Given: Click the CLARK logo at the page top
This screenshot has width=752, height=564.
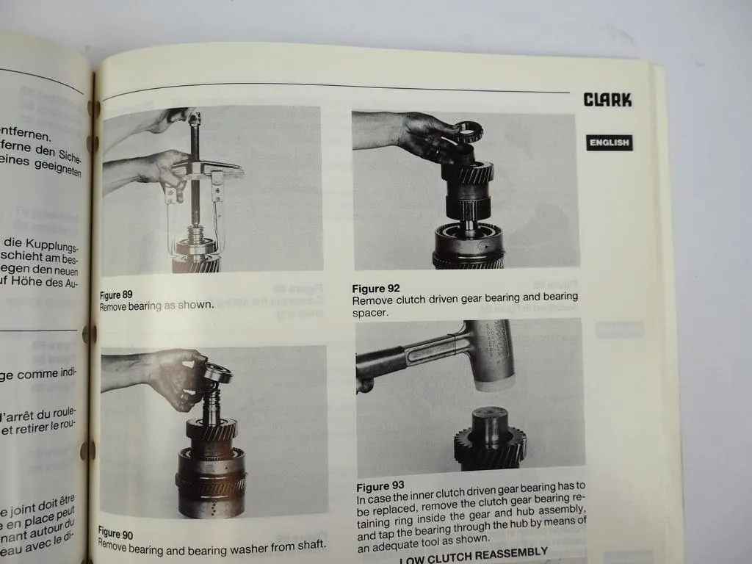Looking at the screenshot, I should pyautogui.click(x=607, y=100).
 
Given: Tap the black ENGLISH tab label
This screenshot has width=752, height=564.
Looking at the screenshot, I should pyautogui.click(x=609, y=142).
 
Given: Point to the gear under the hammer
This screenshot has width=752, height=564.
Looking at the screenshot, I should pyautogui.click(x=490, y=441).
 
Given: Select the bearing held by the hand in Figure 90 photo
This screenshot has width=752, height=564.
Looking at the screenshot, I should pyautogui.click(x=217, y=374).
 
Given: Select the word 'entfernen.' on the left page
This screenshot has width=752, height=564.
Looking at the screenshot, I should pyautogui.click(x=26, y=135).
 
